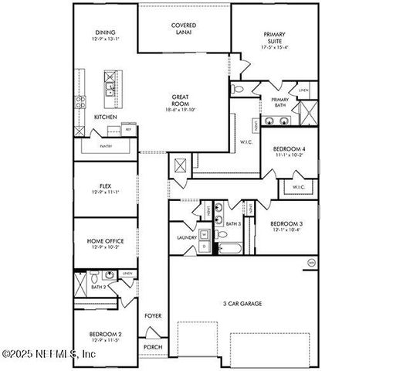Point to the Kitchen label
tap(106, 117)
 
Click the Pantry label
tap(106, 145)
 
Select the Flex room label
tap(106, 185)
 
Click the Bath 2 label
tap(98, 287)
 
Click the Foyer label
tap(153, 315)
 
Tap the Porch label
tap(153, 347)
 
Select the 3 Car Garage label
tap(242, 304)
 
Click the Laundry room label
tap(186, 237)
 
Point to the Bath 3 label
tap(233, 223)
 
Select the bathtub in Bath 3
tap(229, 248)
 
